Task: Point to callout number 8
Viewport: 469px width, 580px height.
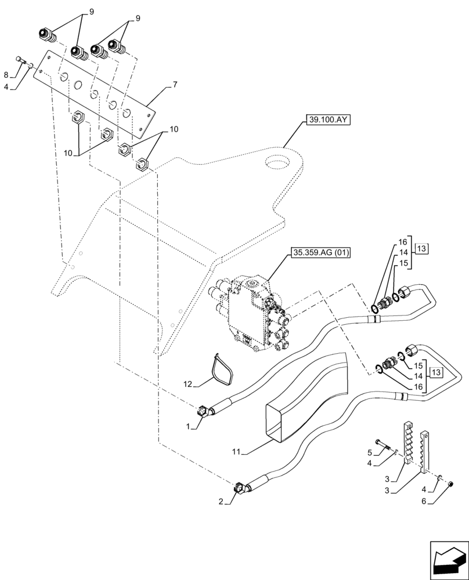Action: (x=6, y=75)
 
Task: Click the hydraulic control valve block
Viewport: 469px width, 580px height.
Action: (x=255, y=313)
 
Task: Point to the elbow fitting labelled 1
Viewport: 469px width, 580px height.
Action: (x=204, y=411)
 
